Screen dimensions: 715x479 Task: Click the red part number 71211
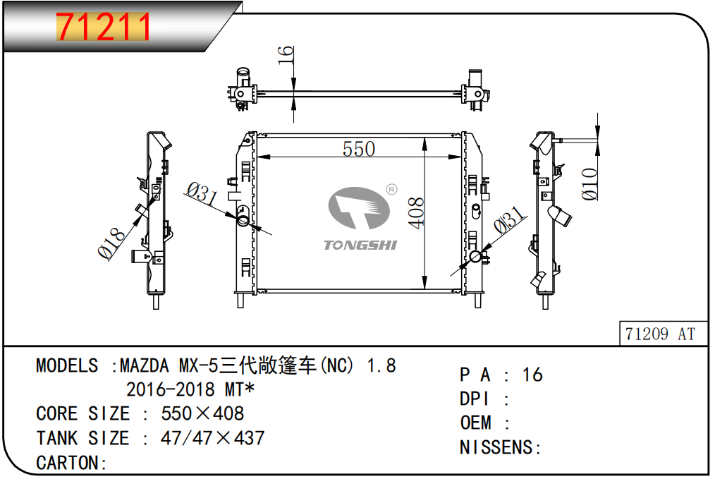coord(103,27)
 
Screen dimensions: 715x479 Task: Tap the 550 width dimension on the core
coord(359,149)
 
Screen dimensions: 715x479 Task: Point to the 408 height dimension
coord(416,212)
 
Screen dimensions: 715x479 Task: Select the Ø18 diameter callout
coord(111,243)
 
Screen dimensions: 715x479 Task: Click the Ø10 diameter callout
coord(589,184)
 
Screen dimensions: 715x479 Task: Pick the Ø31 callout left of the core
coord(202,193)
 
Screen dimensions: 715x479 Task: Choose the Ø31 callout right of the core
coord(509,219)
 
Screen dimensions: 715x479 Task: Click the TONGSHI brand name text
coord(360,245)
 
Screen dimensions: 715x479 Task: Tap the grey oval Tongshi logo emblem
coord(359,208)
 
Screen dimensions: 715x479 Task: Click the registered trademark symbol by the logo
coord(391,189)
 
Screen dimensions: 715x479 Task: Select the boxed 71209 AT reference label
coord(660,334)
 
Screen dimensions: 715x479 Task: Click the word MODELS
coord(67,366)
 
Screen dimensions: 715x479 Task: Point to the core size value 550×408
coord(202,414)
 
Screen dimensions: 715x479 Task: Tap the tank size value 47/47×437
coord(212,438)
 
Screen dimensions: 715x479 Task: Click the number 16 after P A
coord(532,375)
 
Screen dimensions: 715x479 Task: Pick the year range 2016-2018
coord(170,389)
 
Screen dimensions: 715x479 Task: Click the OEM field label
coord(475,423)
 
